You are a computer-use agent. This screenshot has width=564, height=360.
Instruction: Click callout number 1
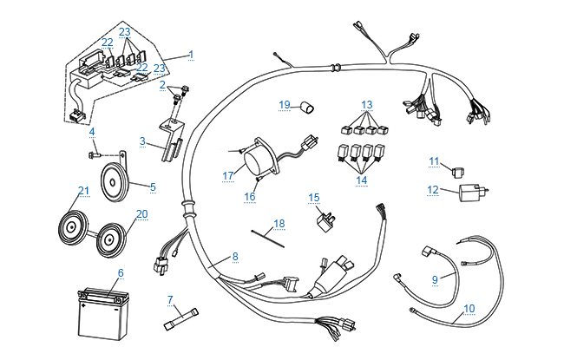[x=191, y=55]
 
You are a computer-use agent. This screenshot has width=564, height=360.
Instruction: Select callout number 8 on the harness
[x=233, y=257]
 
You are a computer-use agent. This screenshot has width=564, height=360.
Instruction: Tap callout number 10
[x=469, y=308]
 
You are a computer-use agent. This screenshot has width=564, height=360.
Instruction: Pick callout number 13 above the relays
[x=367, y=105]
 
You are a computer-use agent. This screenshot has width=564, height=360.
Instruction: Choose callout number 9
[x=436, y=280]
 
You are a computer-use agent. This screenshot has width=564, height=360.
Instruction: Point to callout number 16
[x=250, y=197]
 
